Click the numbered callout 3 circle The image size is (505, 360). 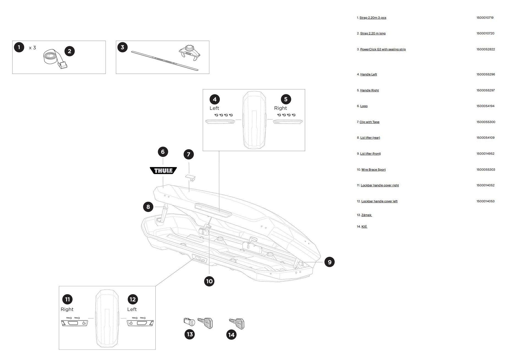point(122,47)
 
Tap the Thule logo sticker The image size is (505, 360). point(163,171)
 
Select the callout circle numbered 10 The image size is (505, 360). point(209,281)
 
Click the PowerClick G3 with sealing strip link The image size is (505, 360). point(383,50)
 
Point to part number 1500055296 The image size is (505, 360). point(485,74)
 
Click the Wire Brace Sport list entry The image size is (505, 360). point(373,170)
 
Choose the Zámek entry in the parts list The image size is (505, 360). point(366,215)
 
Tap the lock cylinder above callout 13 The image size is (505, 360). point(189,321)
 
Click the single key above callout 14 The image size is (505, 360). point(237,323)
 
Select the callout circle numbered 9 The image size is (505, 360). point(330,262)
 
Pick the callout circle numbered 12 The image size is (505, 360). point(133,299)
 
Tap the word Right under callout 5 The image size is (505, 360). point(280,108)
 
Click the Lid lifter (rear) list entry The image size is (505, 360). point(370,138)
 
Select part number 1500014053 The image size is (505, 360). point(485,201)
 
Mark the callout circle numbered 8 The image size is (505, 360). point(148,207)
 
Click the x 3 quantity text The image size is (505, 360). point(32,48)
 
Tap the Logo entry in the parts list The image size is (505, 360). point(364,106)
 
